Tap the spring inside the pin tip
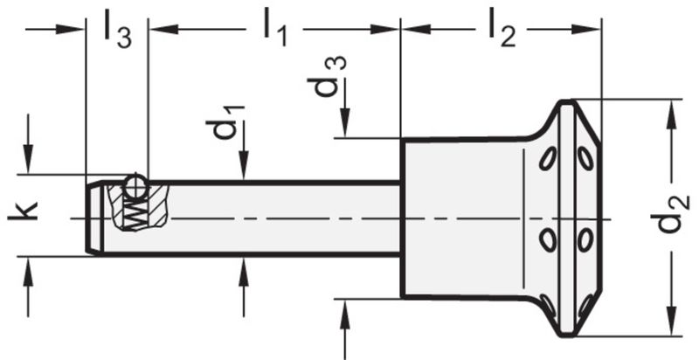[x=133, y=211]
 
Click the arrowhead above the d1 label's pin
[x=244, y=170]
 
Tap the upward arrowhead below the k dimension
[x=30, y=268]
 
